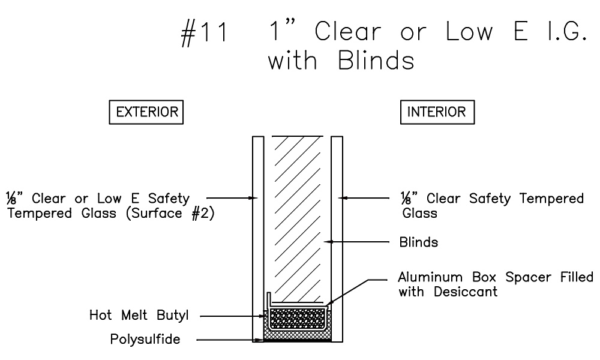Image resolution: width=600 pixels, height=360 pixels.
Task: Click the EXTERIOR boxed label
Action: (x=146, y=112)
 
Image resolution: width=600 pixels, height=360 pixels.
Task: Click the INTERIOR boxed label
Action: (x=437, y=112)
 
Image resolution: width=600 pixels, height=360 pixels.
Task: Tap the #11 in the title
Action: (x=205, y=34)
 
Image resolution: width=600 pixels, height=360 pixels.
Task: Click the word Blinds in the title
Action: (x=370, y=61)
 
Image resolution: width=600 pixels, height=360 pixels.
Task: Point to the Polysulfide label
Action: (x=145, y=340)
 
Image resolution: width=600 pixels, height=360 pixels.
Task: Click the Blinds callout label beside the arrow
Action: (x=419, y=243)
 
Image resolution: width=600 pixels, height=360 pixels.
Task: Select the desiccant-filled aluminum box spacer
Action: (x=297, y=318)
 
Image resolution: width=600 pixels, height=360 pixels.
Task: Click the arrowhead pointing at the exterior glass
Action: (x=254, y=196)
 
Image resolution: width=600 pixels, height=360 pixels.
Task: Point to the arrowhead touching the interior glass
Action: (x=340, y=196)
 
